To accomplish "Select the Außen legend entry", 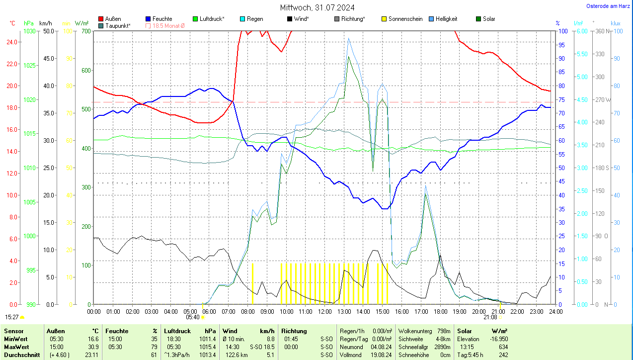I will coord(113,19).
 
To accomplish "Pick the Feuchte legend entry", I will coord(162,19).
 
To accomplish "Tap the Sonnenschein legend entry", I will coord(405,19).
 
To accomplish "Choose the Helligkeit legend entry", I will coord(446,19).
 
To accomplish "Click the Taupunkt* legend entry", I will coord(118,25).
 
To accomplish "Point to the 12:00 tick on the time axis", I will coord(325,311).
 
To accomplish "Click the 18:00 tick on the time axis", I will coord(440,311).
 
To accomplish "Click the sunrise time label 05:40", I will coord(193,317).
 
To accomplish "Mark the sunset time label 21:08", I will coord(490,317).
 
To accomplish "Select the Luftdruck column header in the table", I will coord(177,331).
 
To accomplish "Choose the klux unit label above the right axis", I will coord(616,23).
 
